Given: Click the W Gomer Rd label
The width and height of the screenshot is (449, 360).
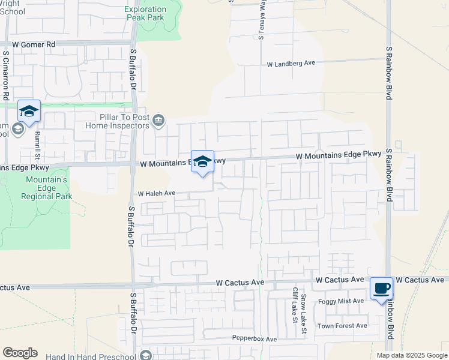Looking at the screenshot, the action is click(34, 44).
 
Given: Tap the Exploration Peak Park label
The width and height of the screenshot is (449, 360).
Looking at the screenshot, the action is click(153, 14).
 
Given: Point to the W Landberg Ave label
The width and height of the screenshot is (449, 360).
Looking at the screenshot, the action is click(291, 63).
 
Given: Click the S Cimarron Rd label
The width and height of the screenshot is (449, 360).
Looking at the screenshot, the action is click(5, 74).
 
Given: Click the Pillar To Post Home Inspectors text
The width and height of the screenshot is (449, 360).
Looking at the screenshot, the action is click(116, 121).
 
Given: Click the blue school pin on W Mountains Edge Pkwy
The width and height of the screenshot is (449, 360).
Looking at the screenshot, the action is click(203, 161).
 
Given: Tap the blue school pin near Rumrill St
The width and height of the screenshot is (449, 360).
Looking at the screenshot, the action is click(29, 111).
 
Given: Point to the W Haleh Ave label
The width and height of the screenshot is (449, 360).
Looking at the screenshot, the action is click(156, 193).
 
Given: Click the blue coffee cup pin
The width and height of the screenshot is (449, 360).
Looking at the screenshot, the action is click(381, 289).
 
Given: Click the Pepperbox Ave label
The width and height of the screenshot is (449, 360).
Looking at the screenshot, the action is click(255, 339).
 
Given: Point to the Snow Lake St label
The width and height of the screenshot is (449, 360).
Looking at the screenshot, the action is click(304, 308).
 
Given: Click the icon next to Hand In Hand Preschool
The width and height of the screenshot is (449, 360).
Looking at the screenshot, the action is click(145, 355).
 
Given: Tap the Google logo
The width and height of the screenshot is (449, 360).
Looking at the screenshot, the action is click(20, 353).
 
